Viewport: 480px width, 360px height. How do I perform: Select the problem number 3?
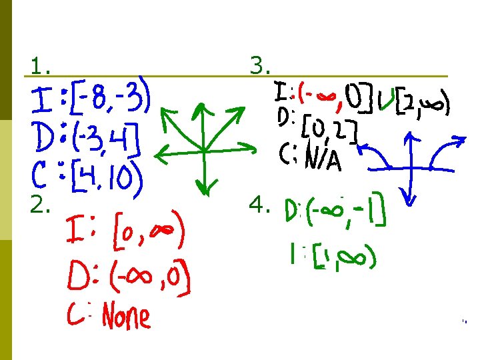[x=259, y=65]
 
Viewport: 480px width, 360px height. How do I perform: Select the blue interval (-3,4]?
[x=106, y=139]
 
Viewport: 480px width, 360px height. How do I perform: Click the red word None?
[x=126, y=316]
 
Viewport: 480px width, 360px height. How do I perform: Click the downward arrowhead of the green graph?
[x=207, y=188]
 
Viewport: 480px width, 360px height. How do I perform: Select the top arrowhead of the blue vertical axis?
[x=412, y=138]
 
